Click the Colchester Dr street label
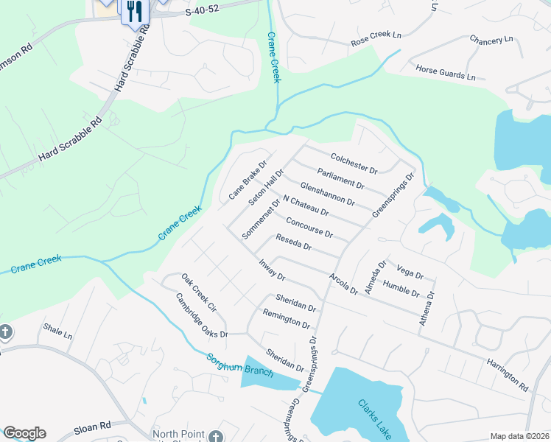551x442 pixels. coord(354,164)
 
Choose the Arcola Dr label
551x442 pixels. coord(343,283)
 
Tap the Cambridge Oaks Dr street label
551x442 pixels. coord(202,316)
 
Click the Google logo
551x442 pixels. coord(24,433)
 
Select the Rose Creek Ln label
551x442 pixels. coord(376,39)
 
